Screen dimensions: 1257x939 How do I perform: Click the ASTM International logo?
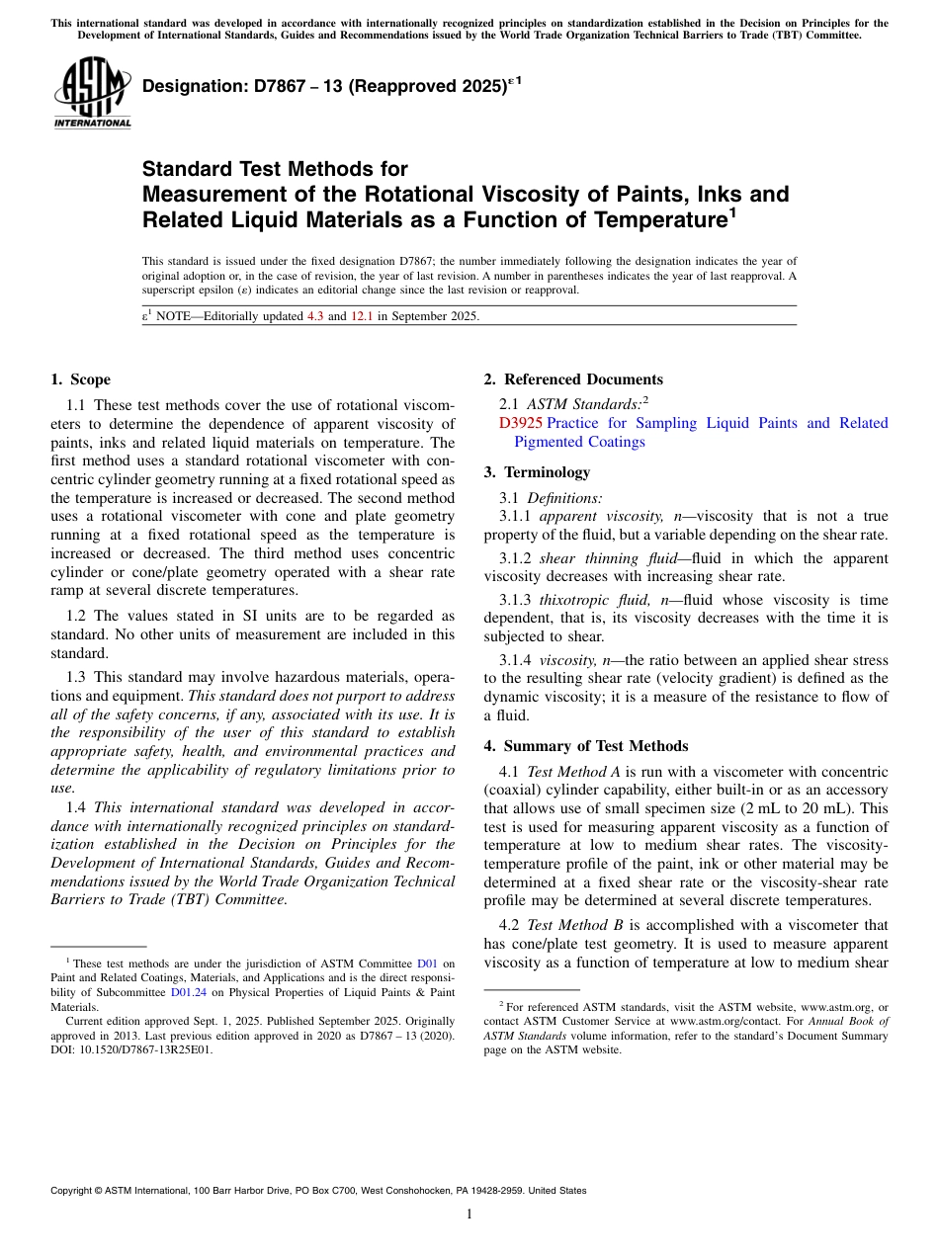click(92, 92)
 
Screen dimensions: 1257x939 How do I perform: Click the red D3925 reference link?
click(521, 423)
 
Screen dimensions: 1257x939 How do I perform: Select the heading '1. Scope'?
click(80, 379)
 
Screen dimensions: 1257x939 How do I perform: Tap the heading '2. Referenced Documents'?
click(573, 379)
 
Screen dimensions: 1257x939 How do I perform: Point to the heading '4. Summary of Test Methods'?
click(585, 746)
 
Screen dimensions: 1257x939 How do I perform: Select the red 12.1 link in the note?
click(362, 316)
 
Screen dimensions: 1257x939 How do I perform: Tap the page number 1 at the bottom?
click(469, 1215)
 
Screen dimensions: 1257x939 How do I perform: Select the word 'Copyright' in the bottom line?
click(74, 1191)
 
